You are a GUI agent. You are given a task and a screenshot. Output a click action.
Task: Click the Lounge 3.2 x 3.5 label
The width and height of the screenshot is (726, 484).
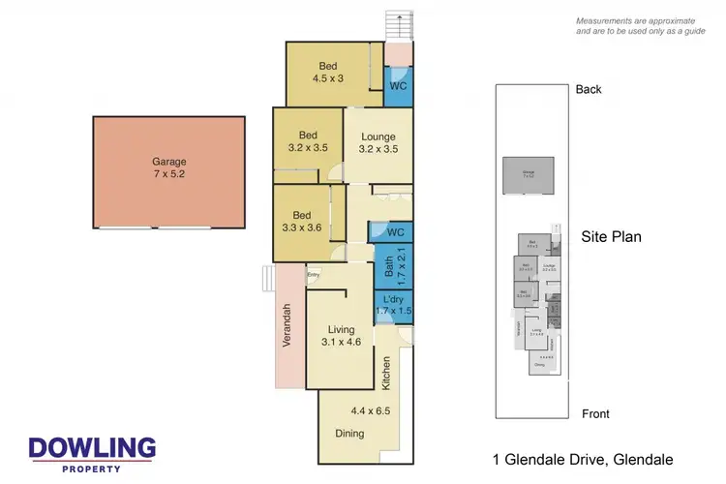[378, 143]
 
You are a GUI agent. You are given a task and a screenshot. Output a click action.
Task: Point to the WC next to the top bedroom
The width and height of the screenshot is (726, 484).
[398, 85]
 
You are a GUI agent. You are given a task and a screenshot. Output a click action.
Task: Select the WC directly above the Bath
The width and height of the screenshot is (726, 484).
[391, 232]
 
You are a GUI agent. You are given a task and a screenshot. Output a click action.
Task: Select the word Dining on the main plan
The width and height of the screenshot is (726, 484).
[349, 433]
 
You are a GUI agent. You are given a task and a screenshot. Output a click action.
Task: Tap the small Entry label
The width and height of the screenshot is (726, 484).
[313, 275]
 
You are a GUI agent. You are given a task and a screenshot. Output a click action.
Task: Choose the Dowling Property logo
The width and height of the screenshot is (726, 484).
[92, 452]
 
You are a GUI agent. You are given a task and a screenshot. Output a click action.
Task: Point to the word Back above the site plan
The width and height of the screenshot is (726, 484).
[588, 89]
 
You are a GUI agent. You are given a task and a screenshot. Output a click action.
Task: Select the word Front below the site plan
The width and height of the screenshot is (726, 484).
[595, 413]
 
